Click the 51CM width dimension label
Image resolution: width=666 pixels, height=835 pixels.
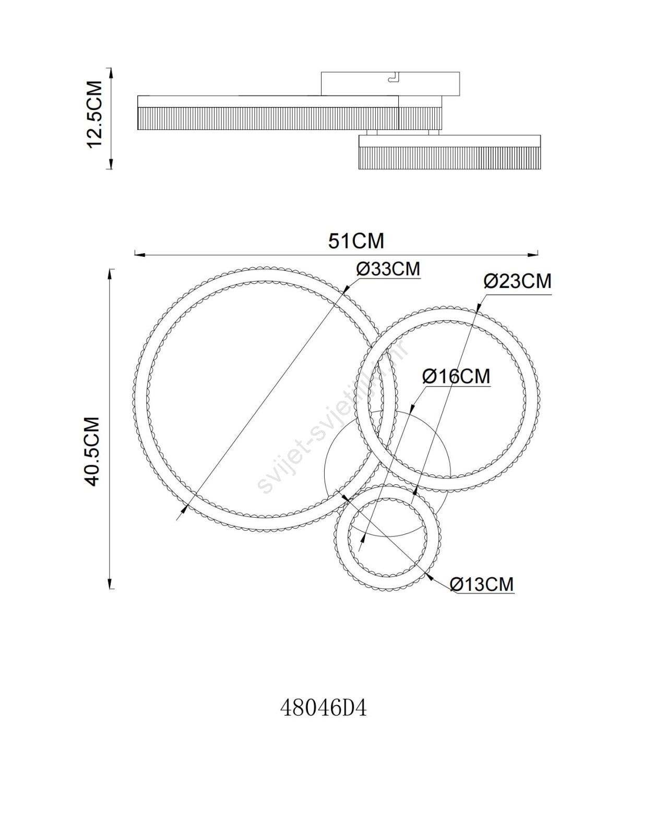point(356,241)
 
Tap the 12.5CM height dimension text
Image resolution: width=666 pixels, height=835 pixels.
point(94,114)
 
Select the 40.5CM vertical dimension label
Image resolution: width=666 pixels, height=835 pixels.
point(93,451)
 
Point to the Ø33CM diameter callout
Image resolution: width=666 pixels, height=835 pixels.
point(388,268)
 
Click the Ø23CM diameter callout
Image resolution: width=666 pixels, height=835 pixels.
point(517,281)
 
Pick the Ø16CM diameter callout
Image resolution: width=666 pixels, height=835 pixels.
point(456,376)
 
